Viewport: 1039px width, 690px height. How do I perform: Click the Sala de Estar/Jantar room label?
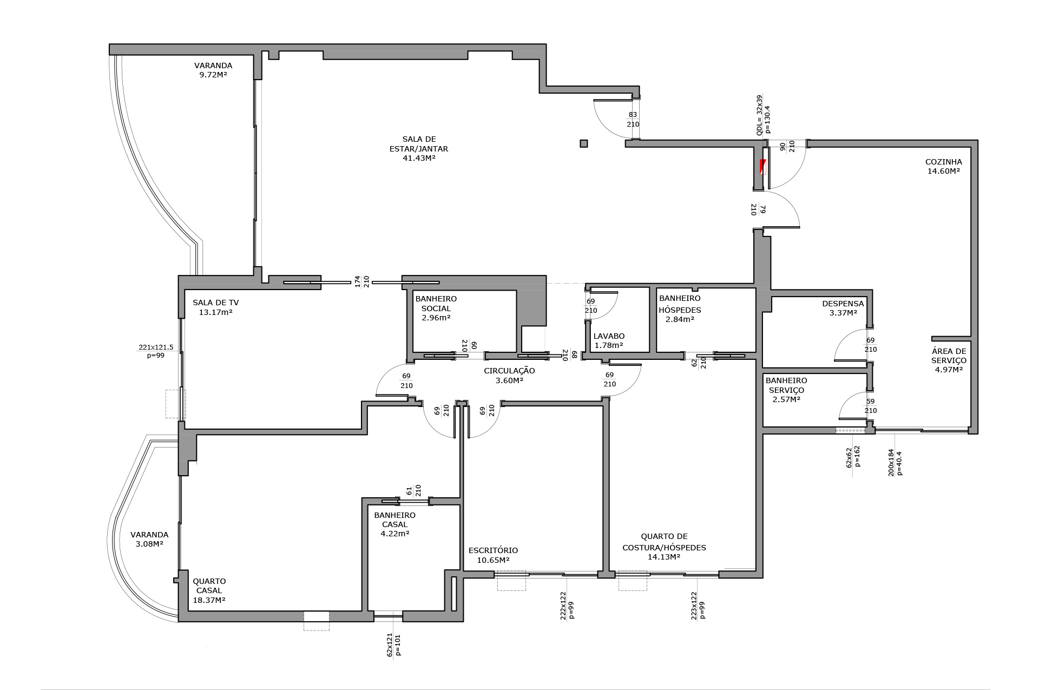tap(419, 148)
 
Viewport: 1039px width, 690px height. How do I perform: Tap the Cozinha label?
tap(944, 166)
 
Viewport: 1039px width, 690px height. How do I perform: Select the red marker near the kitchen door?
tap(762, 167)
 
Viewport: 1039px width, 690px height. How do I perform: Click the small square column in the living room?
tap(583, 143)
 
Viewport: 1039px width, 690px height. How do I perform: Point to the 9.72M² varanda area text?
tap(213, 75)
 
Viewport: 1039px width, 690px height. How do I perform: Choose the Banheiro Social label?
tap(436, 308)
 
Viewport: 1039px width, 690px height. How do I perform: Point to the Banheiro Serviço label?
tap(786, 390)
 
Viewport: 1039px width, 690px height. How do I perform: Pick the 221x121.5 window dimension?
tap(156, 347)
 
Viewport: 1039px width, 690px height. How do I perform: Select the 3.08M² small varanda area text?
tap(149, 543)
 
